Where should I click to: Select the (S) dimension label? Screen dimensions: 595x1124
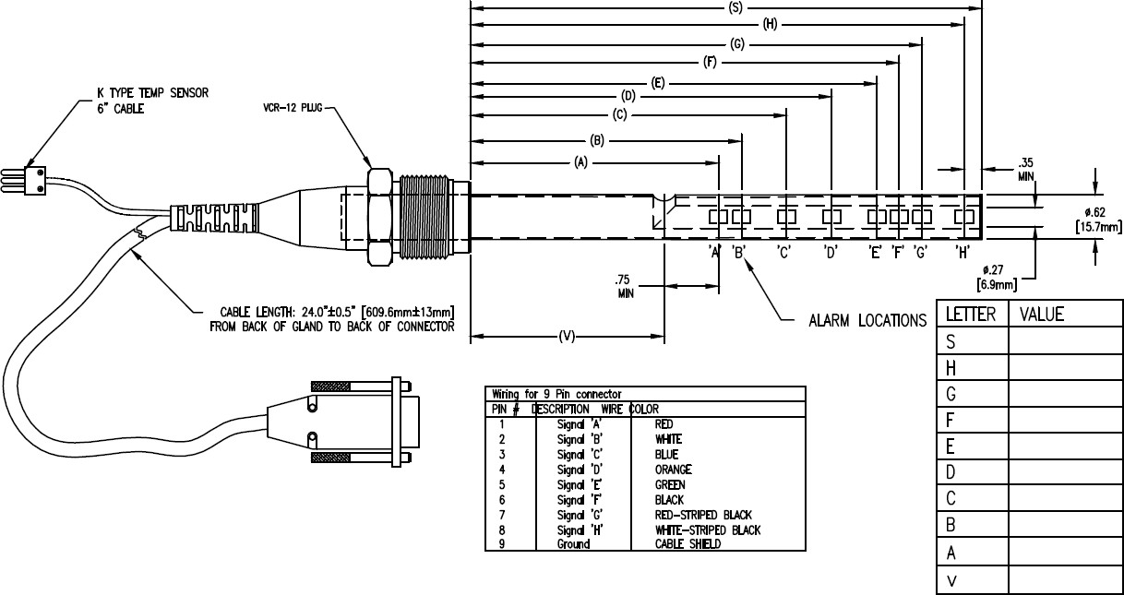pos(735,7)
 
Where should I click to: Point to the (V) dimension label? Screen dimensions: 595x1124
pos(567,338)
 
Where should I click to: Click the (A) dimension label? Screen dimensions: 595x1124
pos(580,162)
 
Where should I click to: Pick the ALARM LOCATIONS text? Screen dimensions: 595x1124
pos(867,321)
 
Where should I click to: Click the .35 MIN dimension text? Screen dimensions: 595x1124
pos(1025,168)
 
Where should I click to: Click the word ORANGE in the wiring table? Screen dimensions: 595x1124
pos(673,470)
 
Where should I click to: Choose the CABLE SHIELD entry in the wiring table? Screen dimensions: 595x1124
pos(681,544)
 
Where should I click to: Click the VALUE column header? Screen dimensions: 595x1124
pos(1042,315)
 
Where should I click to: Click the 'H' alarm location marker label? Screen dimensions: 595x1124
pos(962,252)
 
